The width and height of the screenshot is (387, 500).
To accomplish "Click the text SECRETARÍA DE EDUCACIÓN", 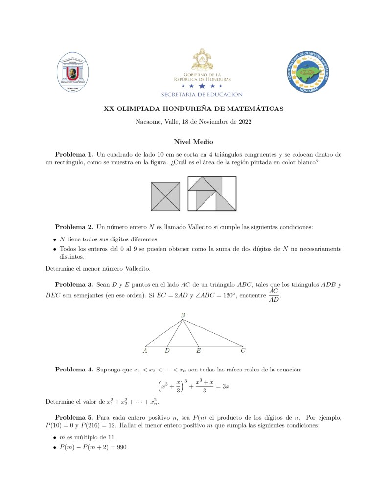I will pyautogui.click(x=202, y=94).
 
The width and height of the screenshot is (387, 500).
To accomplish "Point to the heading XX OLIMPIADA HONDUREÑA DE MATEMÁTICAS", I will pyautogui.click(x=193, y=109).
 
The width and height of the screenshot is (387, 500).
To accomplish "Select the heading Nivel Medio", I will pyautogui.click(x=193, y=142).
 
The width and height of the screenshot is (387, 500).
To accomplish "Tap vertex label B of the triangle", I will pyautogui.click(x=182, y=316).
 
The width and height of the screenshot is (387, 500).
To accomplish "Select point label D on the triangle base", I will pyautogui.click(x=167, y=350).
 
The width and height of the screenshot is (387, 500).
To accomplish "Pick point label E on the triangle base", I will pyautogui.click(x=199, y=350).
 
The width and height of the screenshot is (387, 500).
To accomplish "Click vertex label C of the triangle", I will pyautogui.click(x=243, y=350).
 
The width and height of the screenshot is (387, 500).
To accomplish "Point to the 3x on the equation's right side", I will pyautogui.click(x=226, y=386).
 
